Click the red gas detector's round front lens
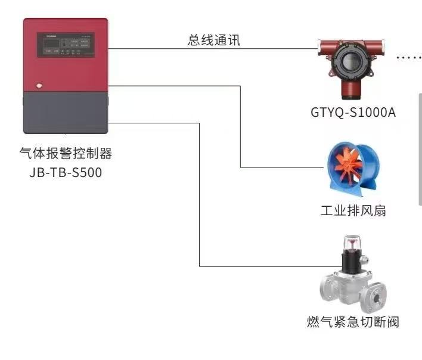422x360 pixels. click(348, 60)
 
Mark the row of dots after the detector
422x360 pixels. click(409, 57)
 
